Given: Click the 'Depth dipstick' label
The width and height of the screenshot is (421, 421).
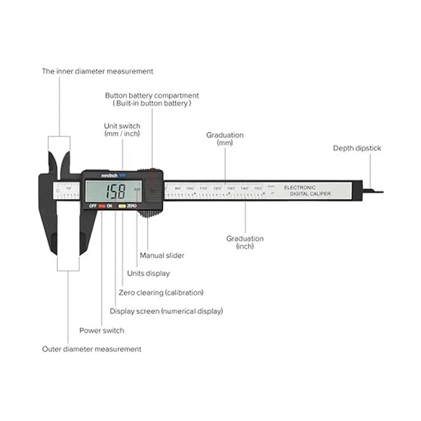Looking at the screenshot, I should coord(357,148).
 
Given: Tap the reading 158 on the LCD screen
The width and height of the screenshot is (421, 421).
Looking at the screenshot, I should coord(116,192).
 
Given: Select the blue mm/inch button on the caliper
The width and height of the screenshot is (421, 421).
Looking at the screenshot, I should coord(122,175).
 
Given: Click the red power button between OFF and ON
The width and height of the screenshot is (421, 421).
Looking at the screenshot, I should coord(102,206).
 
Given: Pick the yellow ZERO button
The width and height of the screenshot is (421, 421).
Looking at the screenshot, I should coord(121,206).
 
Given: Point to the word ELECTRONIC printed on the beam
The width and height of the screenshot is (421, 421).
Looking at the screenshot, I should coord(300,188).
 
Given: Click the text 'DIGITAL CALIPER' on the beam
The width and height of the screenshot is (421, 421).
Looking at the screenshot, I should coord(310,194).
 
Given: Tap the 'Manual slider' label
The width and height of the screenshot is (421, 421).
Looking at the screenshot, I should coord(162,255).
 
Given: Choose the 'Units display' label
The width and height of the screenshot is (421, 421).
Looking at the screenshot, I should coord(148,273).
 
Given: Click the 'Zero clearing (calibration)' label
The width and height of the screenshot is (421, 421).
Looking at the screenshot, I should coord(161,292).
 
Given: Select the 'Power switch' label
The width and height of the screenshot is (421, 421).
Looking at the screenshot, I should coord(102,330).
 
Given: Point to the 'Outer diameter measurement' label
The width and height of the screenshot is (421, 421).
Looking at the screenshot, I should coord(92,349).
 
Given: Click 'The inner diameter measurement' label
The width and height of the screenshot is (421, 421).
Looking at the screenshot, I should coord(98,71).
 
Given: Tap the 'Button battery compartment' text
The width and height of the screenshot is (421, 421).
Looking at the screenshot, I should coord(152,95).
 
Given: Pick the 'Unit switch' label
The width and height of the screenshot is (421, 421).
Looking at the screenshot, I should coord(122,126).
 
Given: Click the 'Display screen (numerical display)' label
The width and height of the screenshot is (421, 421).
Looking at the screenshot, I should coord(166,311).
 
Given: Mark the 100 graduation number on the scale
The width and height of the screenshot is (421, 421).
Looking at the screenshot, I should coord(190,188).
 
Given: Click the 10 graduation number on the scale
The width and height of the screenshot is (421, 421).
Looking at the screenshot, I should coord(68,188).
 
